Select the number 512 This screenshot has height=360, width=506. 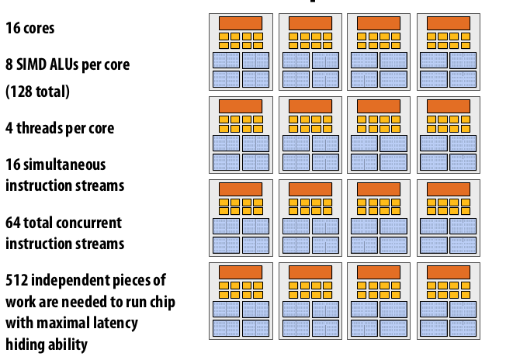pyautogui.click(x=17, y=280)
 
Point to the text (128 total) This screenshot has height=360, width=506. pyautogui.click(x=38, y=92)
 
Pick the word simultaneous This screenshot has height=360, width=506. pyautogui.click(x=64, y=164)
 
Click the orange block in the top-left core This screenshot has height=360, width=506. pyautogui.click(x=241, y=23)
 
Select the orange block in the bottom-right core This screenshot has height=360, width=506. pyautogui.click(x=448, y=272)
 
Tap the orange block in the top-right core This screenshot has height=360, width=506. pyautogui.click(x=448, y=23)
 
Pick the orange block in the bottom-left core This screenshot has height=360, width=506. pyautogui.click(x=241, y=272)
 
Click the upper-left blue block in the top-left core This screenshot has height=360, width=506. pyautogui.click(x=226, y=61)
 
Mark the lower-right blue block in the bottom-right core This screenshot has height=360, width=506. pyautogui.click(x=463, y=327)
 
